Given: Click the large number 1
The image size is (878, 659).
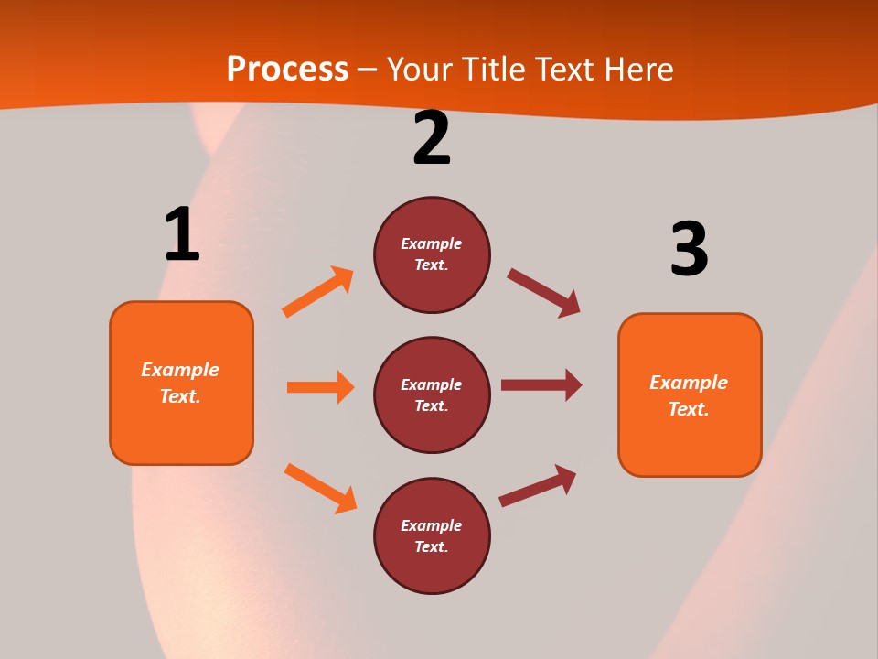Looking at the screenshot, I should [182, 234].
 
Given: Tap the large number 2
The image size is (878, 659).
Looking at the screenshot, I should [432, 138].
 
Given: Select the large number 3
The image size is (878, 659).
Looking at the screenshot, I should [689, 249].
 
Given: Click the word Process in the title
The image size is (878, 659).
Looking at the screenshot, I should [287, 69].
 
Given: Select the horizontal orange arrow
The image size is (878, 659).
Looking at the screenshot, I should [320, 387].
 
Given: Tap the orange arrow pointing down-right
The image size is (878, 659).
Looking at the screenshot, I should [320, 488].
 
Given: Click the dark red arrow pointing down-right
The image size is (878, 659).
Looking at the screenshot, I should [543, 293].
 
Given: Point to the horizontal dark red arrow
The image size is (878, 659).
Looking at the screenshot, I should [541, 384].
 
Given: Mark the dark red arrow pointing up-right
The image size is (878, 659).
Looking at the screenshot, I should [538, 485].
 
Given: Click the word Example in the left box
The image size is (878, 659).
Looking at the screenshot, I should [180, 370].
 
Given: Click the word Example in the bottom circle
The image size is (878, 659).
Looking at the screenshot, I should [431, 525].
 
